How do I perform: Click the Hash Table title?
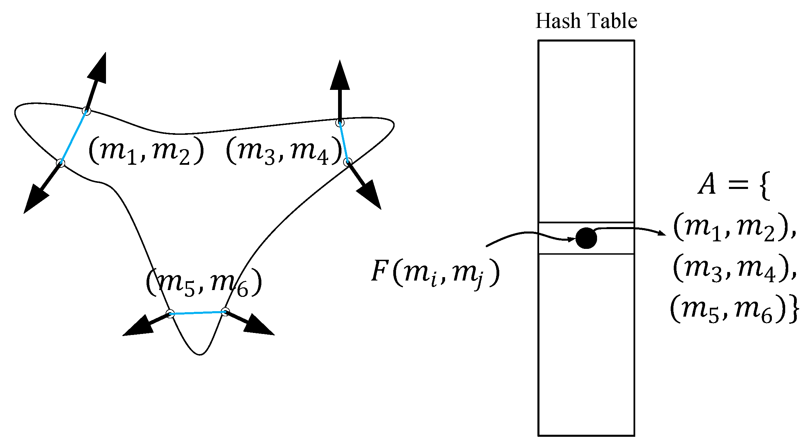pos(586,21)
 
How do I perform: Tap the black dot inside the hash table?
pos(586,238)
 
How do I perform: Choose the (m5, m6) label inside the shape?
pos(204,283)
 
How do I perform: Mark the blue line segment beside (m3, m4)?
pos(344,142)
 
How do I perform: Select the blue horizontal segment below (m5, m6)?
pos(198,313)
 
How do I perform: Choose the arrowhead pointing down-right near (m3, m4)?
pos(370,195)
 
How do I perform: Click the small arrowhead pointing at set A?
pos(661,233)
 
